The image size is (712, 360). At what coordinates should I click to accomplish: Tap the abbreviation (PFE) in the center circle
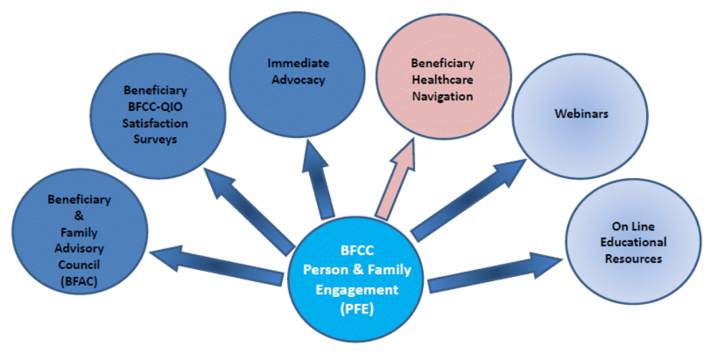pos(359,308)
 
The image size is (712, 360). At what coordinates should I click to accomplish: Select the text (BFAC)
pos(79,282)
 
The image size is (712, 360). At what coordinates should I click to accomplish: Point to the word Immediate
pos(297,62)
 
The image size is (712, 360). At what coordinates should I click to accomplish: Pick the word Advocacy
pos(297,79)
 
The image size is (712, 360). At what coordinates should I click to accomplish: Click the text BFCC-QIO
pos(155,107)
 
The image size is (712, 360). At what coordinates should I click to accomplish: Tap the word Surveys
pos(155,140)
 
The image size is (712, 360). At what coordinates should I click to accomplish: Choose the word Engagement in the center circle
pos(359,289)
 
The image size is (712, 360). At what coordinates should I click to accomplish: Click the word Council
pos(79,266)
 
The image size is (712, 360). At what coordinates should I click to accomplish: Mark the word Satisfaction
pos(155,123)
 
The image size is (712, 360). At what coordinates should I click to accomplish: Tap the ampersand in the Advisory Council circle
pos(79,217)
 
